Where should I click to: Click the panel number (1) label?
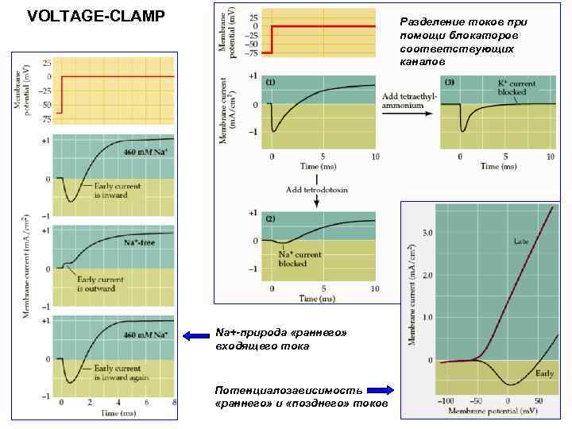tap(270, 83)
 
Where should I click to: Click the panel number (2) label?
tap(270, 218)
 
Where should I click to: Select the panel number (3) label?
tap(450, 83)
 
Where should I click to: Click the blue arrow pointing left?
tap(194, 337)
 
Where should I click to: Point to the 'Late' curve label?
tap(522, 240)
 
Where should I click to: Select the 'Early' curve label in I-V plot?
tap(544, 372)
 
